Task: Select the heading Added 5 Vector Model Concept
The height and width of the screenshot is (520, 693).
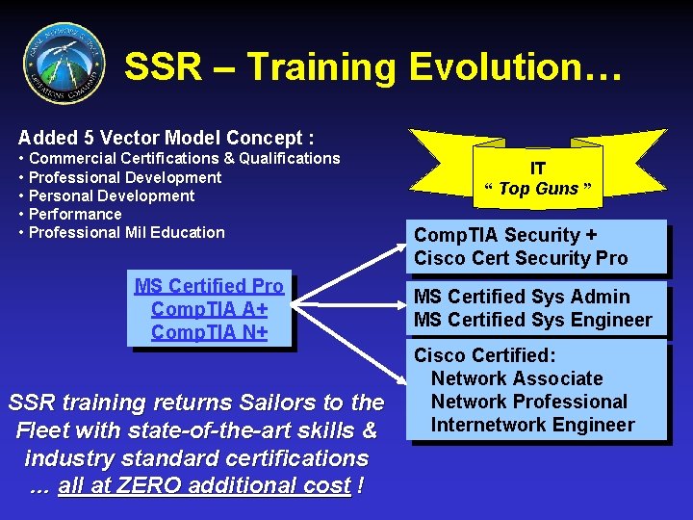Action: click(x=166, y=138)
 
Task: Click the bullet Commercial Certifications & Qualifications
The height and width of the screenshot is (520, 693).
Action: click(x=184, y=158)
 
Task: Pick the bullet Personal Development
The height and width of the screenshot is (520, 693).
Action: click(x=112, y=195)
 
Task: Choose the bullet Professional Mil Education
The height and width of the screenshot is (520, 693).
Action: click(x=127, y=232)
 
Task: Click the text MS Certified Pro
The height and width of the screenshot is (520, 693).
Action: click(x=209, y=286)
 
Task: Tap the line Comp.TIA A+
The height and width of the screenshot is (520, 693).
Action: click(x=209, y=309)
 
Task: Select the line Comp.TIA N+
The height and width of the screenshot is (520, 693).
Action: click(x=209, y=332)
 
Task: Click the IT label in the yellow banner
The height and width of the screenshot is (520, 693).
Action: click(x=537, y=169)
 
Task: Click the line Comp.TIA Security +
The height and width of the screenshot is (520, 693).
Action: click(x=505, y=235)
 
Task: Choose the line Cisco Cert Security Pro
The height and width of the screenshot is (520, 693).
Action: click(x=521, y=258)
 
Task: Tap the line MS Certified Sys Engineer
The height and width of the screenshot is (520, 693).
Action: click(x=532, y=320)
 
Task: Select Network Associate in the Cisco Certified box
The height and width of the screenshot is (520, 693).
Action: click(x=517, y=378)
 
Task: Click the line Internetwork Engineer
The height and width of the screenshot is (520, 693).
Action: click(x=532, y=425)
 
